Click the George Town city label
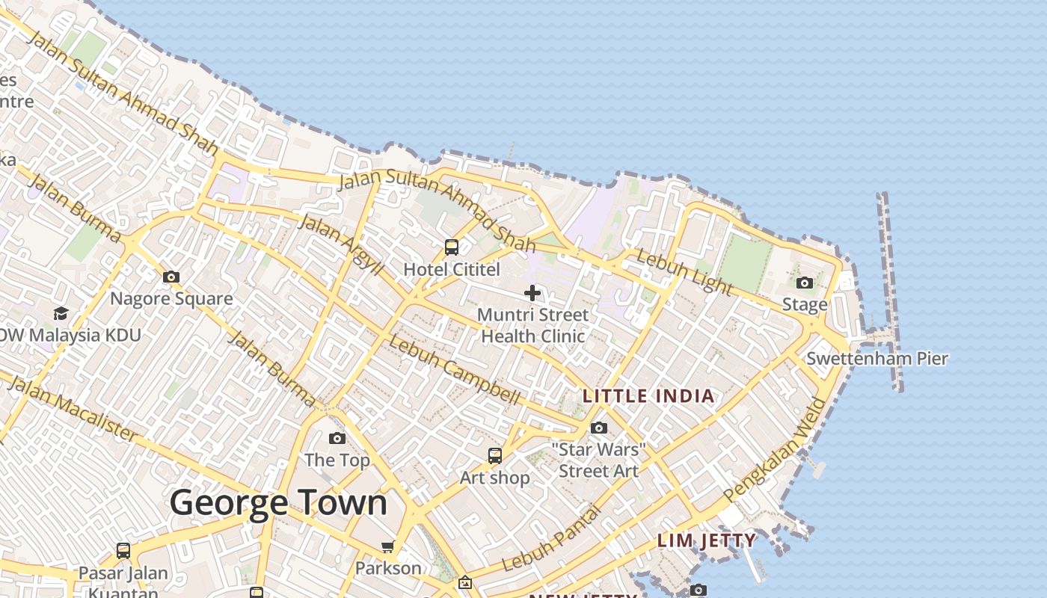click(278, 503)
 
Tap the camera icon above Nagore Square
click(171, 277)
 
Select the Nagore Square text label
click(171, 299)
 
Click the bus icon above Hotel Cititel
click(452, 247)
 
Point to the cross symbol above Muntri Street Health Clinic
click(532, 293)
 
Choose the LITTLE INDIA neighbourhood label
click(648, 396)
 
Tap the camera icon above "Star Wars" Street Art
click(599, 428)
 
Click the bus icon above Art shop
click(495, 456)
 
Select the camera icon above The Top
click(337, 439)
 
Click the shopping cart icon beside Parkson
click(388, 546)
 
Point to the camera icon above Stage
click(805, 283)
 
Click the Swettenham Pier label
click(876, 359)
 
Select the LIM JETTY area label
click(706, 540)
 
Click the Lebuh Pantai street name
click(552, 539)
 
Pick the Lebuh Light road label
click(684, 272)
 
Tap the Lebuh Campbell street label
click(454, 371)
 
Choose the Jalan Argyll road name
click(340, 244)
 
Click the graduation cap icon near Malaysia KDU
click(61, 313)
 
